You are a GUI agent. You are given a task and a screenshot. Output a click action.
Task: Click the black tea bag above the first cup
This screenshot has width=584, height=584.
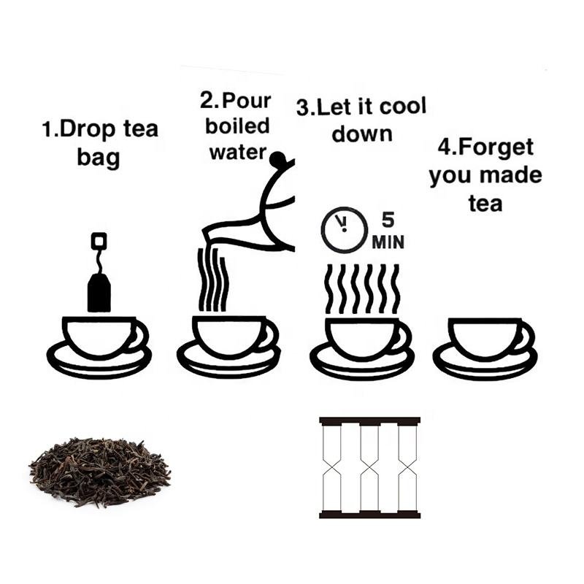click(99, 292)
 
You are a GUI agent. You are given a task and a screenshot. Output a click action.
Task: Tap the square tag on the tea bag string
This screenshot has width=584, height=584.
click(99, 241)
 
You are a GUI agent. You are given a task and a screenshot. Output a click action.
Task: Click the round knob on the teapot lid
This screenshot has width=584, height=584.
click(277, 158)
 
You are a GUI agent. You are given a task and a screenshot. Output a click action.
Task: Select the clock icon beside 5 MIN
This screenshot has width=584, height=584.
click(344, 230)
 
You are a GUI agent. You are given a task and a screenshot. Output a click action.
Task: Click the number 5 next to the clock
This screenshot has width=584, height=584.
click(388, 220)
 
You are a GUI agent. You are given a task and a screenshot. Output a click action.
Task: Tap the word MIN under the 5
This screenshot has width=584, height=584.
click(388, 242)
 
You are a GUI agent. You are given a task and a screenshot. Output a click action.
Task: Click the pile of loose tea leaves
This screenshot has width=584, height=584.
click(100, 472)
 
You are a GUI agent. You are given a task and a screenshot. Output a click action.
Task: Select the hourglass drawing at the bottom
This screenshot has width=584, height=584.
click(370, 468)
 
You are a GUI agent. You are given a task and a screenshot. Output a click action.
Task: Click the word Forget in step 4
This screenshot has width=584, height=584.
click(496, 147)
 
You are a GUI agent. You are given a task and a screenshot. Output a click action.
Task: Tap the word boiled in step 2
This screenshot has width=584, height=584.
click(237, 126)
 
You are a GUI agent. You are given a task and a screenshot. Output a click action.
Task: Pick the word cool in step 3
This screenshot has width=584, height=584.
click(403, 106)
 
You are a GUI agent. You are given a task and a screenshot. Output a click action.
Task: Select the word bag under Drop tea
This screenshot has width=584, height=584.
click(99, 157)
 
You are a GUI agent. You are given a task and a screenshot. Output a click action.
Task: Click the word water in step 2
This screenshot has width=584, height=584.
click(238, 152)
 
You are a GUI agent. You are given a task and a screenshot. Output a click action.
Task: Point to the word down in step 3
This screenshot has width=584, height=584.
click(362, 134)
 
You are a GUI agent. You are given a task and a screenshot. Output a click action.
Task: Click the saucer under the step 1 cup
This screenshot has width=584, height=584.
click(99, 361)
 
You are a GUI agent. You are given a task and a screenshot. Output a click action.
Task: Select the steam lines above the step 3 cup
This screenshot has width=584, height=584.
click(362, 289)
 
